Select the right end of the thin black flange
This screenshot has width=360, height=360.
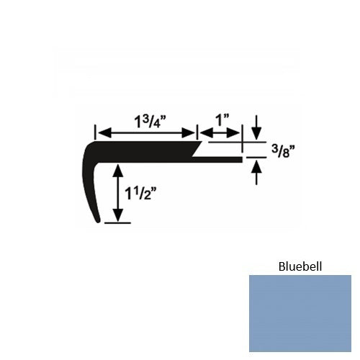coord(240,157)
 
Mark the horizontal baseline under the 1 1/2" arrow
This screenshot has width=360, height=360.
coord(118,223)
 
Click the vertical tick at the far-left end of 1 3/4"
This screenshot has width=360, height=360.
coord(94,132)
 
